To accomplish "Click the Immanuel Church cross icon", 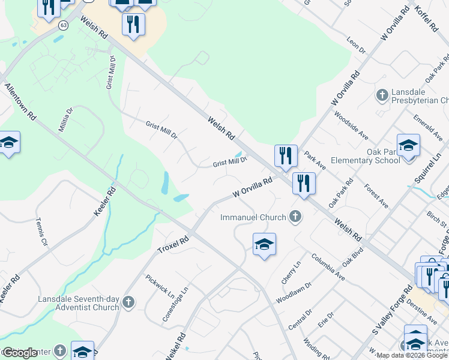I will coord(295,216).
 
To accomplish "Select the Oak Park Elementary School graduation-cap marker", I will coord(408,146).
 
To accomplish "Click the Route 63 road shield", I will coord(63,25).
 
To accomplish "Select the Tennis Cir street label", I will coord(41,233).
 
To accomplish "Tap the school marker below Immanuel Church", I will coord(264,244).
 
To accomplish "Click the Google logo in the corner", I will coord(20,353).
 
